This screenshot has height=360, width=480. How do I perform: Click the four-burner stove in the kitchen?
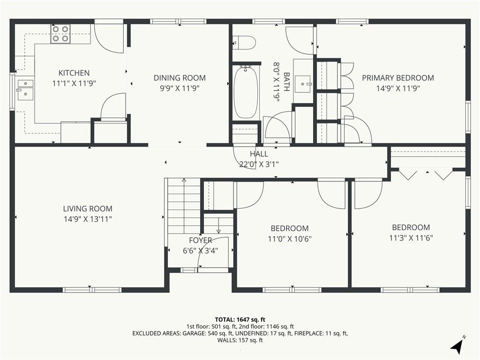60,34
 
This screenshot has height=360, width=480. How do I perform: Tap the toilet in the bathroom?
244,43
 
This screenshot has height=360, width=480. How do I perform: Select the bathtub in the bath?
246,92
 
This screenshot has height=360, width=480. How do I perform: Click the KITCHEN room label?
74,73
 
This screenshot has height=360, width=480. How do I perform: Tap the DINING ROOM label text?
180,78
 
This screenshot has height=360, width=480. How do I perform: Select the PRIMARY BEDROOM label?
398,78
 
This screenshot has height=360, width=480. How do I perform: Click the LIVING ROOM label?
88,209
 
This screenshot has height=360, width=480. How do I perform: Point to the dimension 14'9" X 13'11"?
88,219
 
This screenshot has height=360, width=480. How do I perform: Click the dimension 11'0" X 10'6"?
290,239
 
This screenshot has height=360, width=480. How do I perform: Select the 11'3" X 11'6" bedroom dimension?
411,238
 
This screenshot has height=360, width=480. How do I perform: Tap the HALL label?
259,154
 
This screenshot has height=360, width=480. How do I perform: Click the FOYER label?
201,240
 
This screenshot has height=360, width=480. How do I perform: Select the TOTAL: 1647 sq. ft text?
240,320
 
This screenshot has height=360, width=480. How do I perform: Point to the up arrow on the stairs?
184,206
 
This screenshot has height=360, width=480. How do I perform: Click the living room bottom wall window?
92,290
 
